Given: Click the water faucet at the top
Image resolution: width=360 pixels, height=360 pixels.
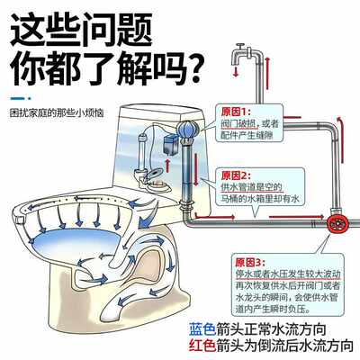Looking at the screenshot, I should (244, 50).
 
